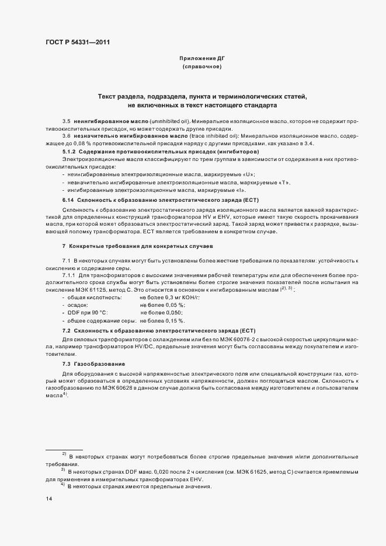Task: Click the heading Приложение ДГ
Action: (x=201, y=59)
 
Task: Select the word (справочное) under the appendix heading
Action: (x=201, y=68)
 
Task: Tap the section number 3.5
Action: (x=66, y=120)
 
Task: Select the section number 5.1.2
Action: (x=70, y=151)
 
